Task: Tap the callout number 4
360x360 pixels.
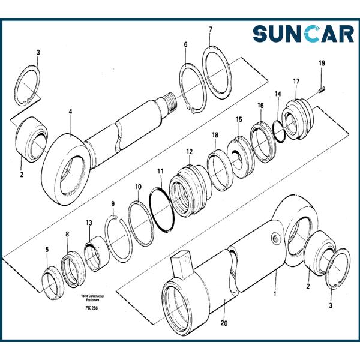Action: click(70, 111)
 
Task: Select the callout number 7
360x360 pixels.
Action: click(210, 29)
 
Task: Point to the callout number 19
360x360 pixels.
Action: click(322, 63)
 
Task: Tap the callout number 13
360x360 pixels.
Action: click(89, 223)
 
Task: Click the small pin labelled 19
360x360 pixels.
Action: click(322, 90)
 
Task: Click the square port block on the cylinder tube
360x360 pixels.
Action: click(181, 264)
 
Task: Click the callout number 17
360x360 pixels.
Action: click(296, 81)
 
